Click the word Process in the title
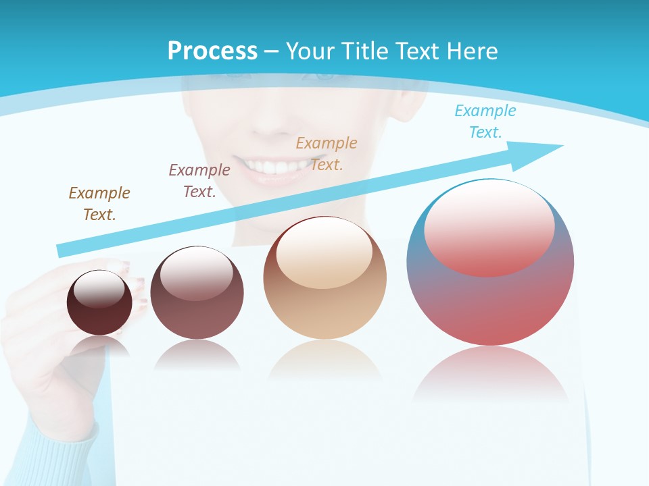point(212,51)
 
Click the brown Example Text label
point(99,204)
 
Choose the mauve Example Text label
point(199,181)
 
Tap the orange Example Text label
point(327,153)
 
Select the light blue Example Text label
point(485,122)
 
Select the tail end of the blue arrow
point(62,250)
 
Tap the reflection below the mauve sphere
point(197,354)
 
